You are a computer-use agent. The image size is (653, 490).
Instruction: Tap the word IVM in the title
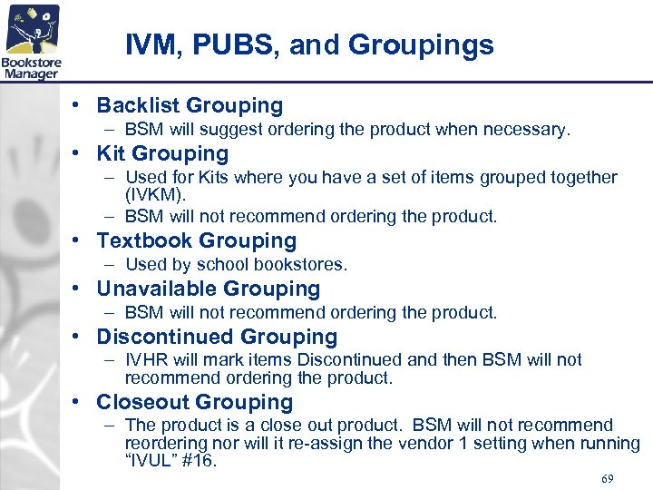(x=149, y=44)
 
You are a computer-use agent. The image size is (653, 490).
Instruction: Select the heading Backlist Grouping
(x=190, y=106)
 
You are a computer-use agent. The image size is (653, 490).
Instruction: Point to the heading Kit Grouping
(x=162, y=153)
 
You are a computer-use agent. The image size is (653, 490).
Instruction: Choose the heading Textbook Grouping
(x=197, y=240)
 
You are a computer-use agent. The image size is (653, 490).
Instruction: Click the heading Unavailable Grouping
(x=209, y=289)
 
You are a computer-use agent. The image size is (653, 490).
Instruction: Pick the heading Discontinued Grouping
(x=217, y=337)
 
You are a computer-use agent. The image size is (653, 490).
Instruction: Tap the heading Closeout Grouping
(x=195, y=402)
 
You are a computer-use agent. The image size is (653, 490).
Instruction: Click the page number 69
(x=608, y=477)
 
